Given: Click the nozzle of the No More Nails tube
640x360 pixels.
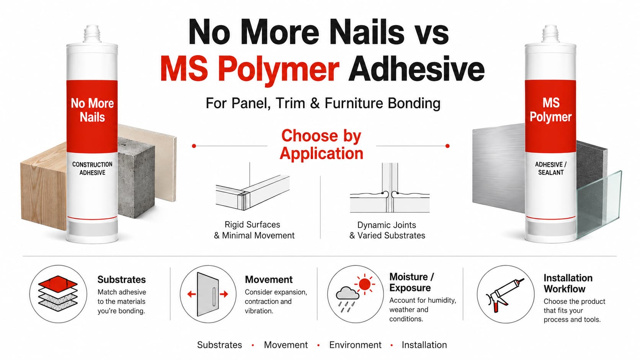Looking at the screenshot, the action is click(92, 34).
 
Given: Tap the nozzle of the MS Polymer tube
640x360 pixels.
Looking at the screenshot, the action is click(550, 34).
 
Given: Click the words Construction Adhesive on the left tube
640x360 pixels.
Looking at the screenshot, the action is click(92, 168).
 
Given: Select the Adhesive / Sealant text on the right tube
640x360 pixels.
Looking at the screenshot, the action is click(550, 168).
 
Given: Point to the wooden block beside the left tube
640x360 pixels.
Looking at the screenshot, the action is click(43, 186).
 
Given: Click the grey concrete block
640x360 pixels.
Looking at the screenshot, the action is click(136, 177).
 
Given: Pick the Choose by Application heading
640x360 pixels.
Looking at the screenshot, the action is click(321, 145).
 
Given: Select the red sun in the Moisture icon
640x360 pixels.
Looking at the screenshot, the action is click(364, 284).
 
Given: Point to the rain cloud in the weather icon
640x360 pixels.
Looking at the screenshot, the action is click(348, 293).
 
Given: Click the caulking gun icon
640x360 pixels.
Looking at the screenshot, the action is click(504, 296).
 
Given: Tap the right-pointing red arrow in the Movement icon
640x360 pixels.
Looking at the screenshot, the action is click(224, 294).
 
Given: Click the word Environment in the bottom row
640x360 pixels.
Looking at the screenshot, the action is click(355, 345).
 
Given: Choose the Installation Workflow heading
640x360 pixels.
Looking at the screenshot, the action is click(568, 283).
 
